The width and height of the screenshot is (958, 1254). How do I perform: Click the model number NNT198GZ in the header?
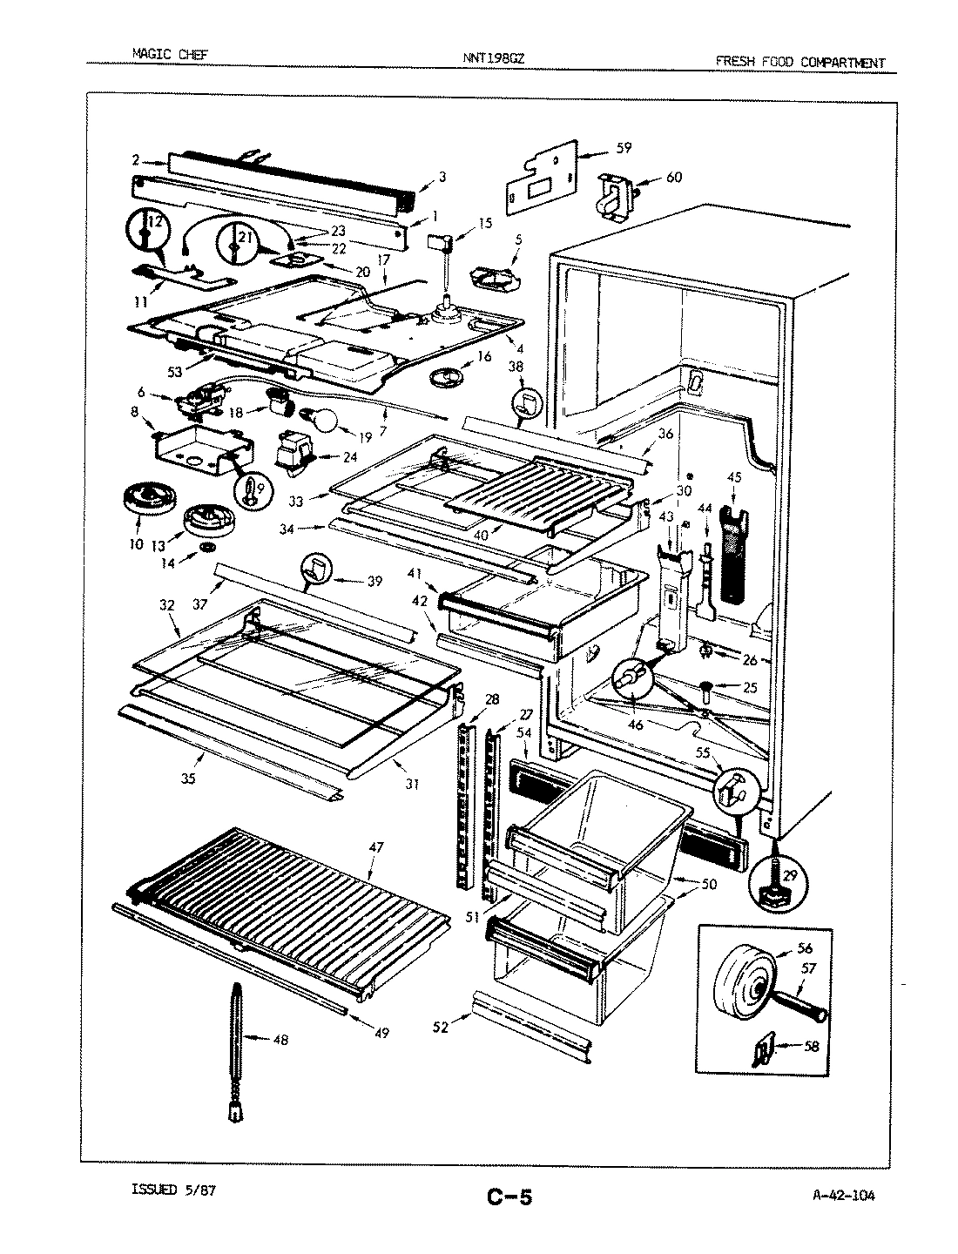(494, 59)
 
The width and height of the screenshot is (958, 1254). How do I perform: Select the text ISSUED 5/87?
(172, 1190)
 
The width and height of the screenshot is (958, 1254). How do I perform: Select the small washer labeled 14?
(207, 546)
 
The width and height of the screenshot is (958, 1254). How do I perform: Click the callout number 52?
(441, 1027)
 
